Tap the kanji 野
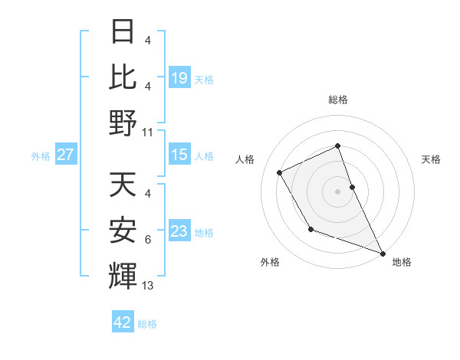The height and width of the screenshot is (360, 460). pyautogui.click(x=123, y=123)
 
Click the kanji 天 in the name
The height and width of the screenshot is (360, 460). pyautogui.click(x=123, y=185)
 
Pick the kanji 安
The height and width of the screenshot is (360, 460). pyautogui.click(x=123, y=231)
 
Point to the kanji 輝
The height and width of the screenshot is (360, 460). pyautogui.click(x=123, y=277)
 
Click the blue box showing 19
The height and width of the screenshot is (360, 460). pyautogui.click(x=179, y=77)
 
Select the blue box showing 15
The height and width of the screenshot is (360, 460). pyautogui.click(x=179, y=155)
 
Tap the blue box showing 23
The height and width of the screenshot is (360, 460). pyautogui.click(x=179, y=231)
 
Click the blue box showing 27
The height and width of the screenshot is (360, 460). pyautogui.click(x=65, y=155)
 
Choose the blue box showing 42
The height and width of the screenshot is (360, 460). pyautogui.click(x=123, y=322)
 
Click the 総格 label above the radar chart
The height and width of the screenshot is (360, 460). pyautogui.click(x=338, y=100)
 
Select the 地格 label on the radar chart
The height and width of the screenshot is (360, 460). pyautogui.click(x=402, y=262)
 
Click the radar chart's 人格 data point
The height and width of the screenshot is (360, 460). pyautogui.click(x=280, y=173)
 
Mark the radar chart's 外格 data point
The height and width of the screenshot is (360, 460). pyautogui.click(x=310, y=229)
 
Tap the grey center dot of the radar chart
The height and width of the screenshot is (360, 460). pyautogui.click(x=338, y=191)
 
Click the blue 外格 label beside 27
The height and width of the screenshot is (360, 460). pyautogui.click(x=41, y=156)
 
